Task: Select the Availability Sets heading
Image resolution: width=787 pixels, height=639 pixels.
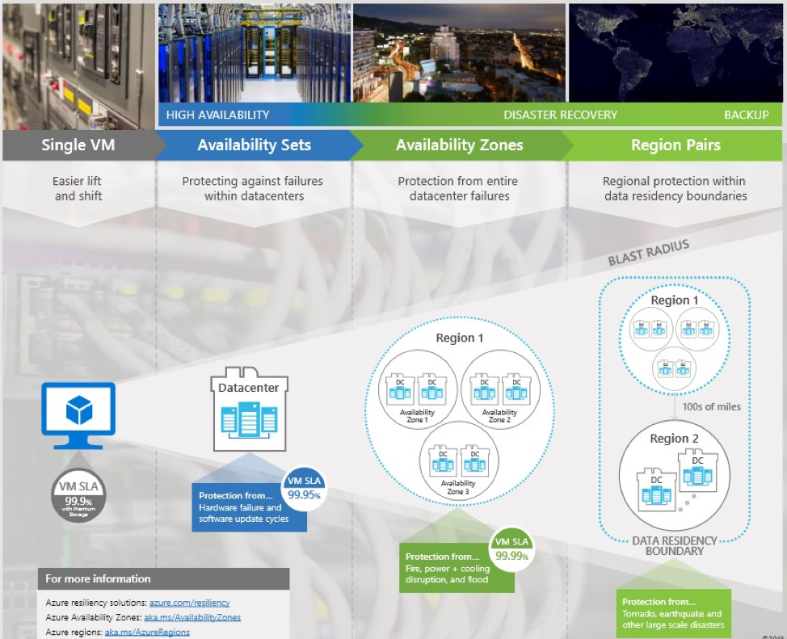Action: pyautogui.click(x=254, y=145)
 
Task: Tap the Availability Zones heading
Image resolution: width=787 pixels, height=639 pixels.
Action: pyautogui.click(x=459, y=145)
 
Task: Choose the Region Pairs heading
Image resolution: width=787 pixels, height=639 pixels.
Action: pyautogui.click(x=675, y=145)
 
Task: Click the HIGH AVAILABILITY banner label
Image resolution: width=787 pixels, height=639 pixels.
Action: pyautogui.click(x=217, y=115)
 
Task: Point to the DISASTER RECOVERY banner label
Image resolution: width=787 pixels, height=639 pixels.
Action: pyautogui.click(x=560, y=115)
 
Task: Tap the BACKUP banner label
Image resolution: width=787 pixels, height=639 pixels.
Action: pyautogui.click(x=746, y=115)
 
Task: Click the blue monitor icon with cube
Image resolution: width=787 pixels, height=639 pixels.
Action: pyautogui.click(x=78, y=413)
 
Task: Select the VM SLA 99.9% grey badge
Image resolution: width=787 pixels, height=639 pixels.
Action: pyautogui.click(x=78, y=494)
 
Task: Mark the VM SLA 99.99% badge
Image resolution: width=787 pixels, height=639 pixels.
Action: pyautogui.click(x=512, y=549)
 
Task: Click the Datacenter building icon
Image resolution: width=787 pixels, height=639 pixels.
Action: pyautogui.click(x=249, y=409)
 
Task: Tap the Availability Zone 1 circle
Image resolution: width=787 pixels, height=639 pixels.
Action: pyautogui.click(x=417, y=395)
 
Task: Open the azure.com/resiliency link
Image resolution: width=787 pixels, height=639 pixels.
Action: pyautogui.click(x=189, y=603)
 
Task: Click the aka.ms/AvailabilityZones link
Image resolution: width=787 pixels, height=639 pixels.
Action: pyautogui.click(x=192, y=617)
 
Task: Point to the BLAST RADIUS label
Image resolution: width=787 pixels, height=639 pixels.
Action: pyautogui.click(x=648, y=251)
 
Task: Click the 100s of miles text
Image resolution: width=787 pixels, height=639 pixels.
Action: pyautogui.click(x=711, y=406)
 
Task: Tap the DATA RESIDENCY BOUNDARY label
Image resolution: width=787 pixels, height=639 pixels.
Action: pyautogui.click(x=674, y=545)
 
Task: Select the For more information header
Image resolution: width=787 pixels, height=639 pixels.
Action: pyautogui.click(x=98, y=578)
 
